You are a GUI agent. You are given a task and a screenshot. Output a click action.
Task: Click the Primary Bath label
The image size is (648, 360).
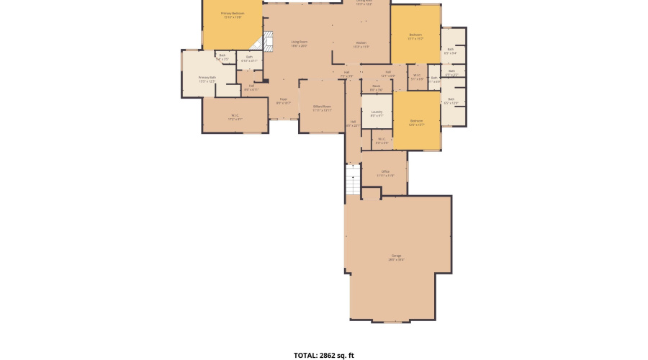point(207,79)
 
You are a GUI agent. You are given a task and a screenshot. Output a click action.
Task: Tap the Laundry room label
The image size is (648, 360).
point(377,113)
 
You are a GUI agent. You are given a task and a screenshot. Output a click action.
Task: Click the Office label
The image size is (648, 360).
point(385,174)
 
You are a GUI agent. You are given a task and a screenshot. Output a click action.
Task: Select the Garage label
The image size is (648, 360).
point(397,258)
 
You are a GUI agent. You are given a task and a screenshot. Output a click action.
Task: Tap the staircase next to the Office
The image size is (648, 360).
point(353,180)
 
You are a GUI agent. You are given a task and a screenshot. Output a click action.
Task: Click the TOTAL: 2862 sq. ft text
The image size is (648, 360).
point(324,355)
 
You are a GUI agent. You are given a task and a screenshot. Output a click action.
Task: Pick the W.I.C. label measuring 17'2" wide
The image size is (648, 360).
point(235,117)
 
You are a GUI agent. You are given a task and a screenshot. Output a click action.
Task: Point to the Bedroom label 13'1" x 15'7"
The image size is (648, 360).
point(415,36)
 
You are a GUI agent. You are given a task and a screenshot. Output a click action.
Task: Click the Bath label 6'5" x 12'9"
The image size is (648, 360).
point(451,102)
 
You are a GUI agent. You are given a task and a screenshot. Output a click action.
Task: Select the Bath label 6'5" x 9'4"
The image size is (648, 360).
point(451,51)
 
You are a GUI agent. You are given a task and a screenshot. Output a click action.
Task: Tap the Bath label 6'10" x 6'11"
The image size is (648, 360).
point(249,59)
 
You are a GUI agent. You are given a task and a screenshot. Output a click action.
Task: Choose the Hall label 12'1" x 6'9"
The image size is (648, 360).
point(387,73)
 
